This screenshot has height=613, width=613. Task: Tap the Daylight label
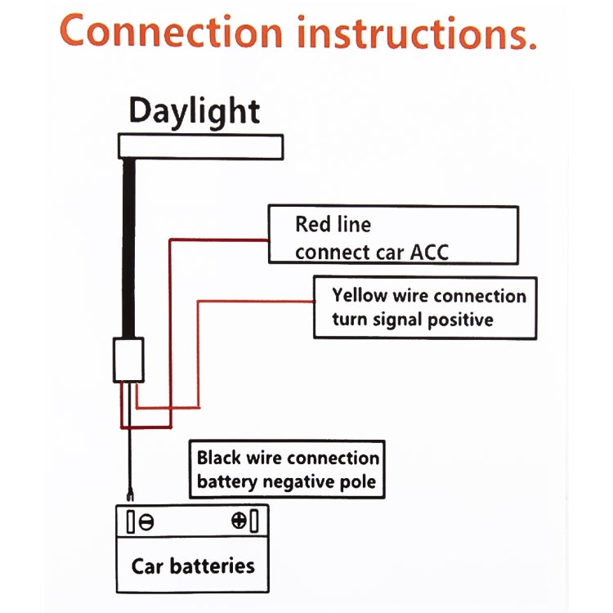[x=195, y=110]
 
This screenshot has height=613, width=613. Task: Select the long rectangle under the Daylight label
[x=201, y=146]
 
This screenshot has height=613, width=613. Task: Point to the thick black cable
[x=129, y=245]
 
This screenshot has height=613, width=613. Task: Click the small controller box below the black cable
[x=128, y=360]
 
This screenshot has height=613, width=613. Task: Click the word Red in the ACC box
[x=311, y=224]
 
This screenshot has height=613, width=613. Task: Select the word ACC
[x=428, y=251]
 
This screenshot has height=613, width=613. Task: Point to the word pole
[x=358, y=482]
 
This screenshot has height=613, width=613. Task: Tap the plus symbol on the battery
[x=239, y=521]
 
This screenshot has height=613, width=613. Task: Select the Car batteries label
[x=193, y=566]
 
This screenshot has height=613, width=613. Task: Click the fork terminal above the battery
[x=128, y=493]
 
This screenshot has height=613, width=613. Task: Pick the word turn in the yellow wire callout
[x=350, y=320]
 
